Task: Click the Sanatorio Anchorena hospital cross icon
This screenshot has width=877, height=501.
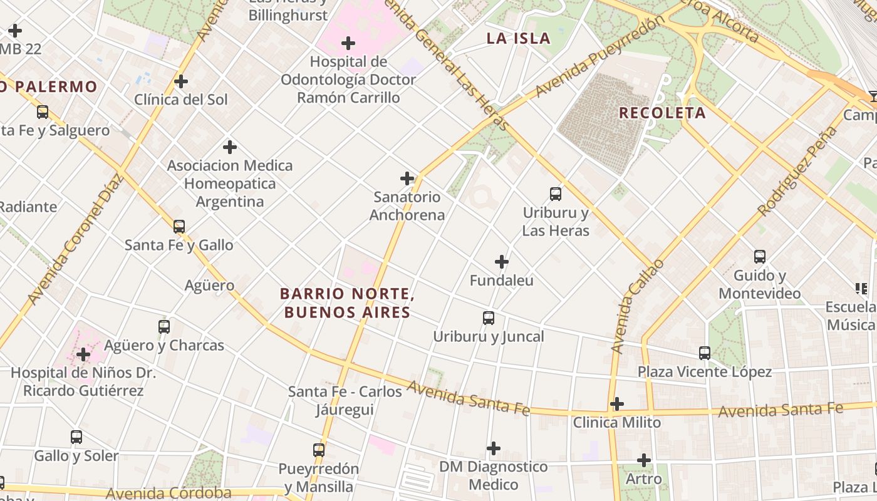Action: click(407, 178)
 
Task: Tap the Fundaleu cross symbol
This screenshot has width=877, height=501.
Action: click(502, 262)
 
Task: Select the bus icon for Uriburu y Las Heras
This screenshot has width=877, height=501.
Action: click(556, 194)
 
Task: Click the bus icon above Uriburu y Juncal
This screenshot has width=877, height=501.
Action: click(489, 318)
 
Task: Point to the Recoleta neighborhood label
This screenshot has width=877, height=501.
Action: click(662, 113)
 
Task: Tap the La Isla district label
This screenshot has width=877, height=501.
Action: click(519, 38)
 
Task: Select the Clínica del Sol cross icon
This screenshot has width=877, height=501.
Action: click(181, 81)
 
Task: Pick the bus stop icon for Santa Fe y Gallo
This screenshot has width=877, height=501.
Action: click(179, 227)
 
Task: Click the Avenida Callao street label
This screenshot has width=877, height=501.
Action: click(636, 306)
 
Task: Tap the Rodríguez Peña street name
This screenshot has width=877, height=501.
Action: click(797, 170)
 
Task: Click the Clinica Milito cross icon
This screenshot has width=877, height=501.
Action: click(617, 404)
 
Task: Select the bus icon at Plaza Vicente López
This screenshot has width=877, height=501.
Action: click(705, 353)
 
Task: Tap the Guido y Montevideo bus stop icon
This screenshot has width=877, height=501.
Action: click(760, 257)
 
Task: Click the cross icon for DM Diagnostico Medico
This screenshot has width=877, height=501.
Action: click(494, 448)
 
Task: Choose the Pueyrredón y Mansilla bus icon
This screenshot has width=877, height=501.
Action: click(319, 450)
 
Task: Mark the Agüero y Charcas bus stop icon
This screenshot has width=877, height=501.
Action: click(164, 327)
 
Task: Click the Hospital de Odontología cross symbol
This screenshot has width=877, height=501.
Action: click(348, 43)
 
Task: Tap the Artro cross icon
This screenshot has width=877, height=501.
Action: click(644, 461)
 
